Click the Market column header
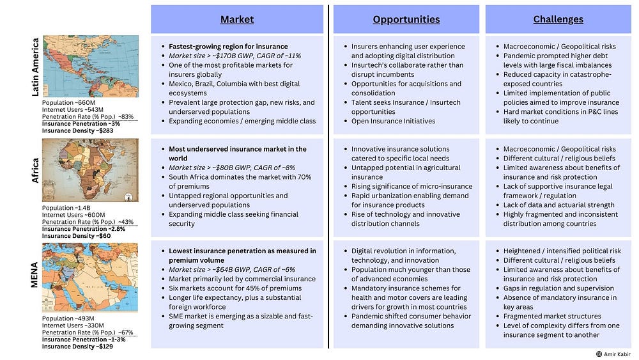[x=237, y=20]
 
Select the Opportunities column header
[x=406, y=20]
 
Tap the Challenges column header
[x=558, y=20]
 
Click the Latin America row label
[x=36, y=67]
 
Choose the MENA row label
[x=36, y=276]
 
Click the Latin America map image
[x=90, y=67]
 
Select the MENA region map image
[x=90, y=278]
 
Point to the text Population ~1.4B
[x=66, y=208]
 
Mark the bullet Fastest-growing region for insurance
[x=228, y=47]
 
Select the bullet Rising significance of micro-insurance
[x=412, y=186]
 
